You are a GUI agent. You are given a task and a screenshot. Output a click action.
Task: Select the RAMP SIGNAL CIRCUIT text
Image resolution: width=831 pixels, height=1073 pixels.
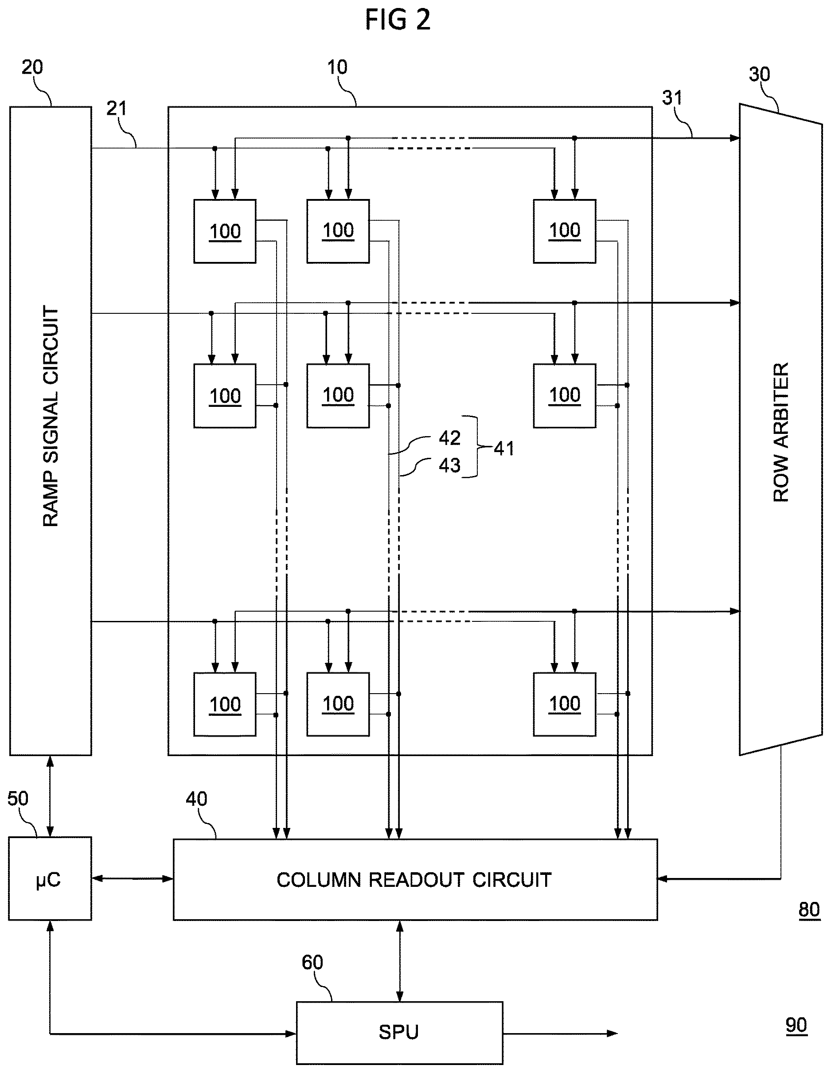pyautogui.click(x=51, y=416)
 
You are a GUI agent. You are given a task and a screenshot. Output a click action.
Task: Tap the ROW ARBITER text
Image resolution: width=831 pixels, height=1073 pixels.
pyautogui.click(x=781, y=432)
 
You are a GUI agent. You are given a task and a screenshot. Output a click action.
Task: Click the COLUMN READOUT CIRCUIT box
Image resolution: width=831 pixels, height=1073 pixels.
pyautogui.click(x=415, y=879)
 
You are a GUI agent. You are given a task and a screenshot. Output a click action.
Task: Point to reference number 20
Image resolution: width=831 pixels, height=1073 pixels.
pyautogui.click(x=32, y=67)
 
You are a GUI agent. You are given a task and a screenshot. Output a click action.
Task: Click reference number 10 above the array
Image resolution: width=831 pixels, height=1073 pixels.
pyautogui.click(x=337, y=67)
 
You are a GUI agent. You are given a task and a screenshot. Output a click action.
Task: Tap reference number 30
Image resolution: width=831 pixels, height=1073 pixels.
pyautogui.click(x=759, y=74)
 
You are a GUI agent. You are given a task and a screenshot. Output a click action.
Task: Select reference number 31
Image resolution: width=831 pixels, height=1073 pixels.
pyautogui.click(x=672, y=98)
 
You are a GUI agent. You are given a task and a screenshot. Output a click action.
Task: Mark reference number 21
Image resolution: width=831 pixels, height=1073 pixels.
pyautogui.click(x=117, y=109)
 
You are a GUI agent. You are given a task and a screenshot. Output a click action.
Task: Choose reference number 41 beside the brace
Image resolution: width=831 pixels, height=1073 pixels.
pyautogui.click(x=504, y=449)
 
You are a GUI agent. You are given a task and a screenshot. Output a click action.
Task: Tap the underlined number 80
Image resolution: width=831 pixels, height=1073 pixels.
pyautogui.click(x=809, y=910)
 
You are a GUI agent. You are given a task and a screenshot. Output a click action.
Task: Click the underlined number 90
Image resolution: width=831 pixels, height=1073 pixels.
pyautogui.click(x=796, y=1026)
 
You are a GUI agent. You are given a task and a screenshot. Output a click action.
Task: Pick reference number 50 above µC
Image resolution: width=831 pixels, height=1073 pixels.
pyautogui.click(x=18, y=799)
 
